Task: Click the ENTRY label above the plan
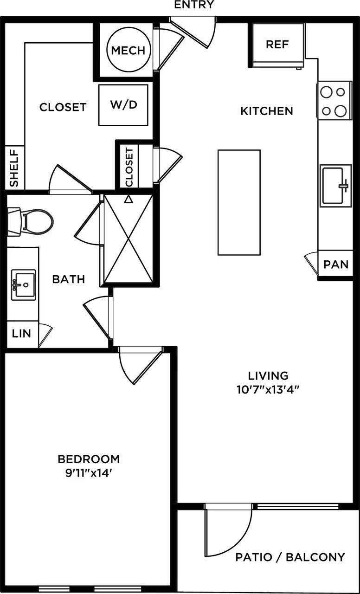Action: click(x=194, y=5)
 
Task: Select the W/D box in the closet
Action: click(x=123, y=105)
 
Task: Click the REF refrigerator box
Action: click(x=277, y=45)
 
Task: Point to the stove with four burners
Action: click(x=334, y=100)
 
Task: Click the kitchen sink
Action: click(x=335, y=186)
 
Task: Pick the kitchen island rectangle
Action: click(x=239, y=202)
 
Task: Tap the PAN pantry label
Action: click(x=336, y=265)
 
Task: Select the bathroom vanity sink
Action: click(x=23, y=284)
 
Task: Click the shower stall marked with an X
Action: click(x=129, y=239)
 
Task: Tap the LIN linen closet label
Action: click(x=21, y=333)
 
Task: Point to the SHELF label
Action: click(x=14, y=168)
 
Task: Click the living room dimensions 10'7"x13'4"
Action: click(x=268, y=389)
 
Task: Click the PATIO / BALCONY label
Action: click(x=290, y=557)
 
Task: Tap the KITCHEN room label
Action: click(x=267, y=111)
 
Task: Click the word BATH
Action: click(x=68, y=279)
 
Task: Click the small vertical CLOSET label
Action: click(x=129, y=167)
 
